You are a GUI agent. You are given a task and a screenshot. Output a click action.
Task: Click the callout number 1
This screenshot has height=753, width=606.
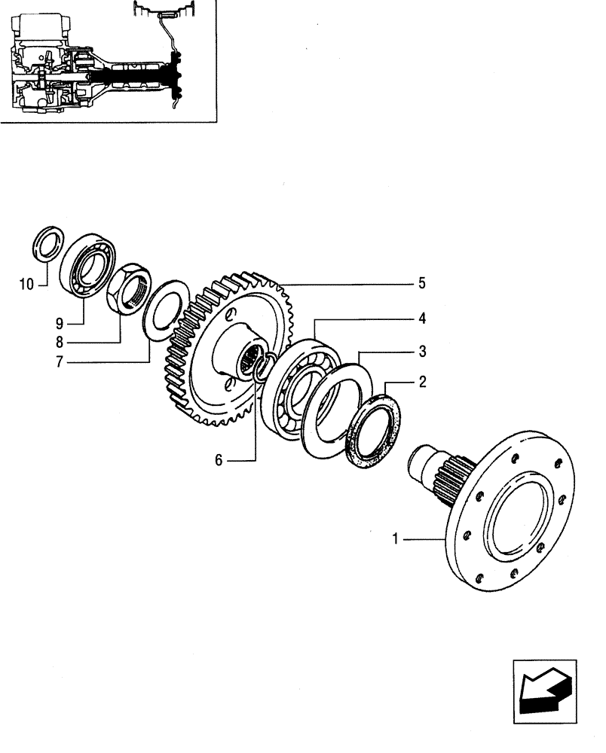click(395, 538)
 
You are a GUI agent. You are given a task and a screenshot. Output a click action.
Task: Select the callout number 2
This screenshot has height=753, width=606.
click(423, 383)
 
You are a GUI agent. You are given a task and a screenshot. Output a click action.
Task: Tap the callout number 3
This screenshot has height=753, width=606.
click(423, 351)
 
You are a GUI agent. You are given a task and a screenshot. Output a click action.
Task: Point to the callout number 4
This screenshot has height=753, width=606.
click(423, 319)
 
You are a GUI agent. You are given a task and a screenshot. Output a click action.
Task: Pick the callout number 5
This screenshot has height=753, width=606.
click(423, 284)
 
